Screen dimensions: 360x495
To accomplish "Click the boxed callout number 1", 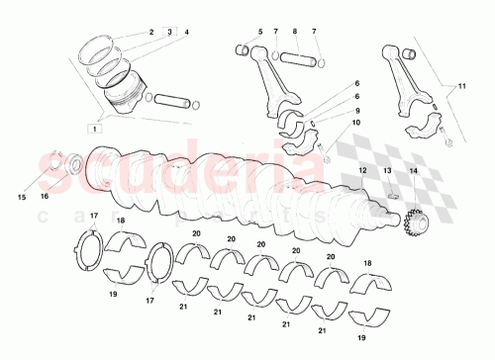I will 93,129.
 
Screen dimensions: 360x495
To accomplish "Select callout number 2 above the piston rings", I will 151,32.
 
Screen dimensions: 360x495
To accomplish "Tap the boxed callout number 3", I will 169,32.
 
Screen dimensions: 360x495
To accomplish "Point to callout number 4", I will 186,32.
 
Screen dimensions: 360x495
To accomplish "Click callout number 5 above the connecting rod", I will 259,32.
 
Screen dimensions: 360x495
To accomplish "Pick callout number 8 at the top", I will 295,32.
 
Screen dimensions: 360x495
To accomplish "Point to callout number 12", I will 362,171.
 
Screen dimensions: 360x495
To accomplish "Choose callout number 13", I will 388,171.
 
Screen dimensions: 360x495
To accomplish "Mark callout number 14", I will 414,171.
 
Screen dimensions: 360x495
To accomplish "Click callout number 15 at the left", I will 21,197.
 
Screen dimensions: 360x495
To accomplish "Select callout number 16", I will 44,197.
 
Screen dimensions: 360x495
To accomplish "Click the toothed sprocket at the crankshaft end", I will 414,232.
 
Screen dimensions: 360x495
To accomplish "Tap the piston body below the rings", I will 123,95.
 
